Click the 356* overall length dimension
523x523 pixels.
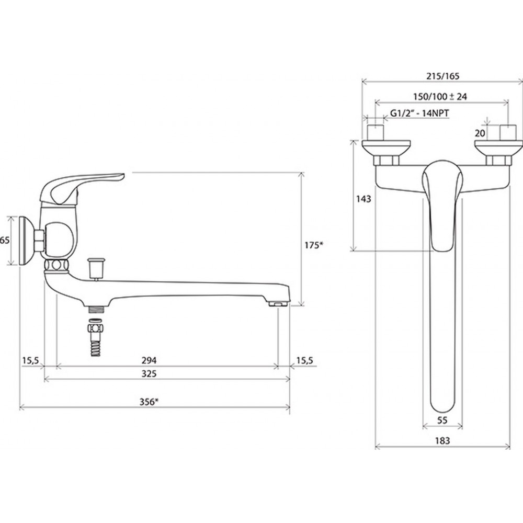pos(149,402)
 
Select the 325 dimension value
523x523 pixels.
pos(149,373)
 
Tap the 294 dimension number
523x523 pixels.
pos(149,360)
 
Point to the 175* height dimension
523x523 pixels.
pos(314,245)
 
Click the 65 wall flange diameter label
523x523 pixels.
pos(5,240)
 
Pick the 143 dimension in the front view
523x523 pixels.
pos(363,199)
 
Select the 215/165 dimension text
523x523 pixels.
pos(442,76)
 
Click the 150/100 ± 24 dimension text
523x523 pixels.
pos(440,97)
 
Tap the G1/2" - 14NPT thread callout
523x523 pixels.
pos(419,113)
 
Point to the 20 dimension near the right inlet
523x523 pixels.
pos(480,133)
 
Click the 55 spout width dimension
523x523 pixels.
pos(442,420)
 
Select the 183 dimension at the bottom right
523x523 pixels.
pos(442,440)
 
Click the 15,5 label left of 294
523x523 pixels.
pos(31,360)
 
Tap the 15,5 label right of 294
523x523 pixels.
pos(305,360)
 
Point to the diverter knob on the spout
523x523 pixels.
pos(96,268)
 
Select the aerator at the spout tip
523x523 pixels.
pos(278,304)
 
